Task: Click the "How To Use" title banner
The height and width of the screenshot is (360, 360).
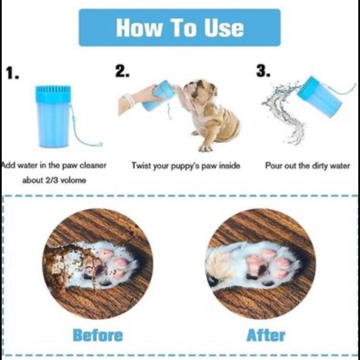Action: coord(179,27)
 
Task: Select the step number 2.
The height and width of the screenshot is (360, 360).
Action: coord(122,72)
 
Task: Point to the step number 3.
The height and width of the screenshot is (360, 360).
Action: coord(264,72)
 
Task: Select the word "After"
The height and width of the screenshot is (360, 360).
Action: coord(266,336)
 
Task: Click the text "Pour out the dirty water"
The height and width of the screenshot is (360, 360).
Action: coord(308,166)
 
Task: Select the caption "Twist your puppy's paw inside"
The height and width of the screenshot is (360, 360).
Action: coord(186,166)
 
